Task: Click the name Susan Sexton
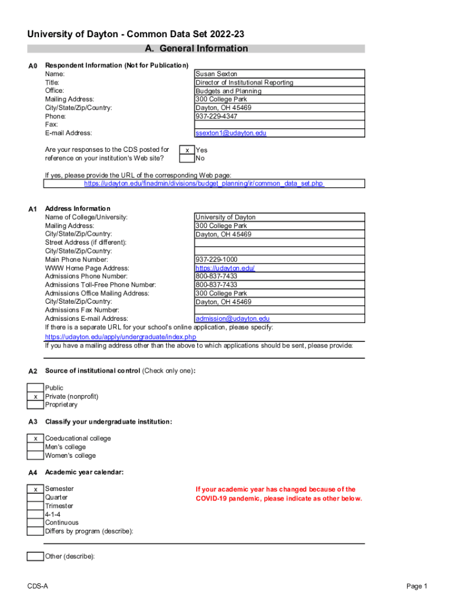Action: click(x=216, y=74)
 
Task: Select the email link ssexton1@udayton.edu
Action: click(x=231, y=133)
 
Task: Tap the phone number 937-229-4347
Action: click(x=216, y=116)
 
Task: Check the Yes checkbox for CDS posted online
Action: click(x=187, y=150)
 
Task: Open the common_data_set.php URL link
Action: click(x=204, y=184)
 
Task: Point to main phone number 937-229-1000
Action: click(x=216, y=259)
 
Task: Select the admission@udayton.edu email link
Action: click(x=232, y=318)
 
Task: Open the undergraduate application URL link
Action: click(x=121, y=337)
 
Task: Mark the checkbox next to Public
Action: click(x=35, y=388)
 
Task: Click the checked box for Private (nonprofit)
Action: click(x=35, y=396)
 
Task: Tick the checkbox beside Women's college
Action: click(x=35, y=456)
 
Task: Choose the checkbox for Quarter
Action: click(x=35, y=497)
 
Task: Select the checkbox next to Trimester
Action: click(x=35, y=506)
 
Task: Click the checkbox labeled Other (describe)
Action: click(x=35, y=556)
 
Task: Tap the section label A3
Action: click(x=33, y=422)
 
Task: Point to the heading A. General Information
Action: click(x=196, y=48)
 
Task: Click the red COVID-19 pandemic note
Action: click(x=278, y=494)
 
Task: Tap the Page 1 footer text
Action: click(x=416, y=586)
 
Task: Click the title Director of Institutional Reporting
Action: click(x=244, y=83)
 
